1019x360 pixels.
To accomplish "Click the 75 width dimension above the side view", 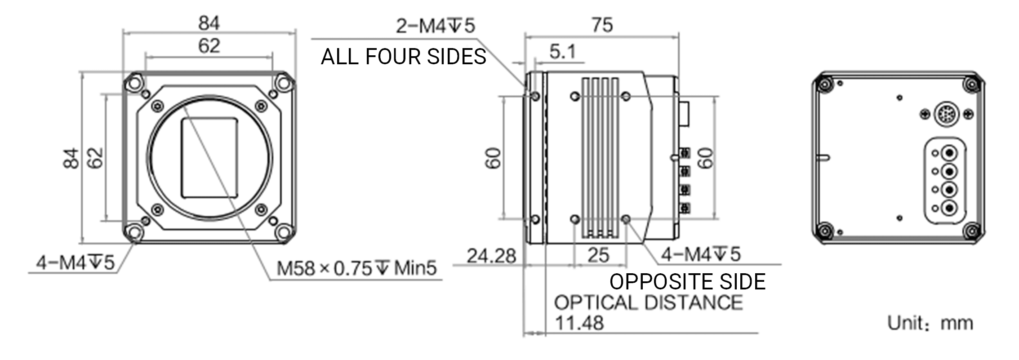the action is click(x=602, y=25).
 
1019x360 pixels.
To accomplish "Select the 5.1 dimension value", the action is click(x=562, y=52).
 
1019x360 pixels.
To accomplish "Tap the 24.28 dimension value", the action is click(x=491, y=256).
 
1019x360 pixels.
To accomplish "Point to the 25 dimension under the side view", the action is click(x=598, y=255).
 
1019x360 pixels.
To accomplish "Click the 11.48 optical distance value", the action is click(x=579, y=323).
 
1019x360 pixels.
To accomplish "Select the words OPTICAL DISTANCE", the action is click(x=648, y=302).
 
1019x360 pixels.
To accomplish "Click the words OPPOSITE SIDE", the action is click(x=687, y=282).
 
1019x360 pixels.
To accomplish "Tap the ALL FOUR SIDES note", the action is click(x=403, y=57).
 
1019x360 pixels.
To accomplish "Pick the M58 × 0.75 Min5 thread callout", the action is click(x=356, y=268).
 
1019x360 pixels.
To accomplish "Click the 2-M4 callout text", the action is click(x=435, y=26).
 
